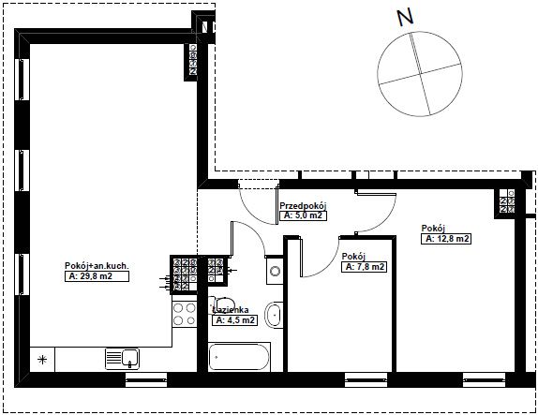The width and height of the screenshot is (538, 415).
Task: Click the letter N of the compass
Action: tap(405, 17)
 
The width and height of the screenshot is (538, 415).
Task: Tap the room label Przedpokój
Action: tap(303, 206)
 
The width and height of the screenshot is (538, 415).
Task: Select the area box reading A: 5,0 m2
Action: tap(303, 215)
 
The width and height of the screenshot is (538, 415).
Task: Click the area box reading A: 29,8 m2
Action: tap(97, 276)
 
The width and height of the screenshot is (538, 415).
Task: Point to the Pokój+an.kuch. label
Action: tap(97, 266)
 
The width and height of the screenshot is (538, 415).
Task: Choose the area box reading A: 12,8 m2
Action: tap(446, 239)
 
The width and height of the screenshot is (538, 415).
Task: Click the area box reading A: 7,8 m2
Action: tap(365, 267)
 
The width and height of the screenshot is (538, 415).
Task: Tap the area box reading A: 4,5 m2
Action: tap(235, 320)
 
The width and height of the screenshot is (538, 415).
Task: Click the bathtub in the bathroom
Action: tap(239, 357)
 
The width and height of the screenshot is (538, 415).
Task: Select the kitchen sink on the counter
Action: tap(122, 359)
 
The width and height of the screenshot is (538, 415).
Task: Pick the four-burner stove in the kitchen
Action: tap(185, 315)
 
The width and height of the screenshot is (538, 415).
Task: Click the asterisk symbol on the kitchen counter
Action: tap(42, 360)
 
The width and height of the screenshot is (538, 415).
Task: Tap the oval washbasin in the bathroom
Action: tap(274, 315)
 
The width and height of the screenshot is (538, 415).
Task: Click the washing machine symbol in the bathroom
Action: tap(275, 272)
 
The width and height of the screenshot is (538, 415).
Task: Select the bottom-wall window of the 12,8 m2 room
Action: tap(484, 379)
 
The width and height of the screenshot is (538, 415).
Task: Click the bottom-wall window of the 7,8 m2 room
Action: tap(366, 379)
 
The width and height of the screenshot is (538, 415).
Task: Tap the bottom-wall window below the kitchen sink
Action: tap(146, 379)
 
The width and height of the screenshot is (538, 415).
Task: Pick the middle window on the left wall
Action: tap(22, 170)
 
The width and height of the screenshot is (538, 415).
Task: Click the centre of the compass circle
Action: tap(420, 74)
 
